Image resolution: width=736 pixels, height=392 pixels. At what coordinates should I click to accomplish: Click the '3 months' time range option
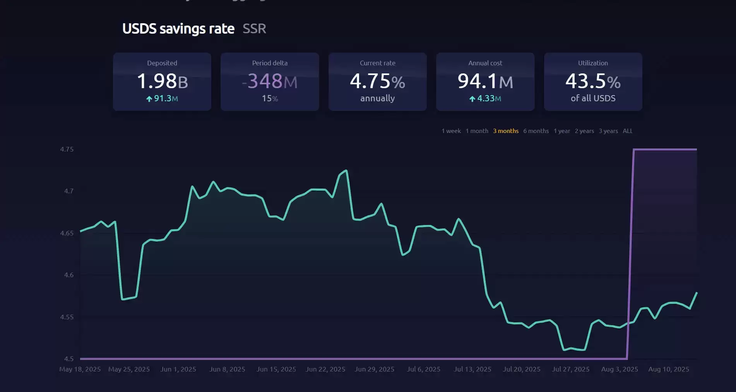tap(505, 131)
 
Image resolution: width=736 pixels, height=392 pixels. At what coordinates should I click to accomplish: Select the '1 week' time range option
tap(451, 131)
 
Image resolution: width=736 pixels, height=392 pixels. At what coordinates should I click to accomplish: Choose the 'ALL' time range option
tap(627, 131)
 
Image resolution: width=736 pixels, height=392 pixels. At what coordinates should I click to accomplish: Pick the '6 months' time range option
tap(536, 131)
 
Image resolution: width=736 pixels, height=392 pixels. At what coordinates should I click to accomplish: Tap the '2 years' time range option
tap(584, 131)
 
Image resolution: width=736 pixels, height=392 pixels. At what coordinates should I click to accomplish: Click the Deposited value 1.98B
tap(162, 82)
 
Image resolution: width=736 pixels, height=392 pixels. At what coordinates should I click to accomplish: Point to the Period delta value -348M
tap(270, 82)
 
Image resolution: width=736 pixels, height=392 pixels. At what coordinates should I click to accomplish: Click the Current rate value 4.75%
tap(377, 82)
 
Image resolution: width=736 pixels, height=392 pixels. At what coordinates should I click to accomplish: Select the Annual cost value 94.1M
tap(485, 82)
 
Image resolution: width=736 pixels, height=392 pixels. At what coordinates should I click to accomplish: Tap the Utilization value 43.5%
tap(593, 82)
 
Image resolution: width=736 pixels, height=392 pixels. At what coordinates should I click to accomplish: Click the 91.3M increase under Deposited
tap(162, 99)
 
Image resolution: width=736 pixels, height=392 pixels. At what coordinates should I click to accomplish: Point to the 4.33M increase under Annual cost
tap(485, 99)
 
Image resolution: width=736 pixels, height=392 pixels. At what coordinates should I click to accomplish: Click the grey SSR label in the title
tap(254, 29)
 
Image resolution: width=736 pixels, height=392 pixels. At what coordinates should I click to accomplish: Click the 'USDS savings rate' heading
tap(178, 29)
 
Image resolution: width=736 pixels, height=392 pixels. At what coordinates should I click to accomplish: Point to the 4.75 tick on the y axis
tap(67, 149)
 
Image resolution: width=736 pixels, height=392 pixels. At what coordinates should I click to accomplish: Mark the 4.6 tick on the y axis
tap(68, 275)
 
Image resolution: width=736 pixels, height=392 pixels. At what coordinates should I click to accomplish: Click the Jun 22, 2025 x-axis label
tap(325, 369)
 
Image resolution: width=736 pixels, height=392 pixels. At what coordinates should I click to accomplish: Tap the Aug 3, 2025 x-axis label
tap(620, 369)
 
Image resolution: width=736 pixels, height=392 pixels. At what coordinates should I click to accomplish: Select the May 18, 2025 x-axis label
tap(80, 369)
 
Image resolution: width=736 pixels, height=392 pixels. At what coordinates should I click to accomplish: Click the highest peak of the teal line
tap(346, 170)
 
